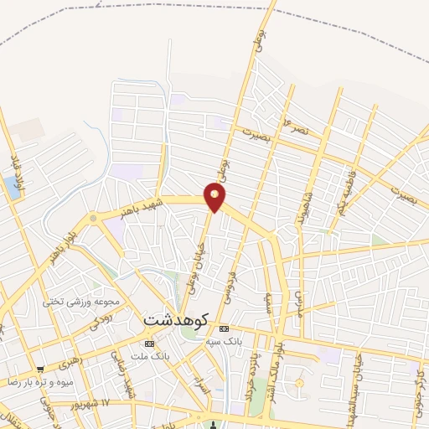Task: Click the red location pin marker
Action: click(215, 198)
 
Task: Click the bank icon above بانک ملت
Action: click(149, 344)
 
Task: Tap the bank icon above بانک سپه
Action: click(223, 329)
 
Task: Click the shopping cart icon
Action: click(40, 369)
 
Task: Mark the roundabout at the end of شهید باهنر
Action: click(93, 219)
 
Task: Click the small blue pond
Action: click(12, 188)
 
